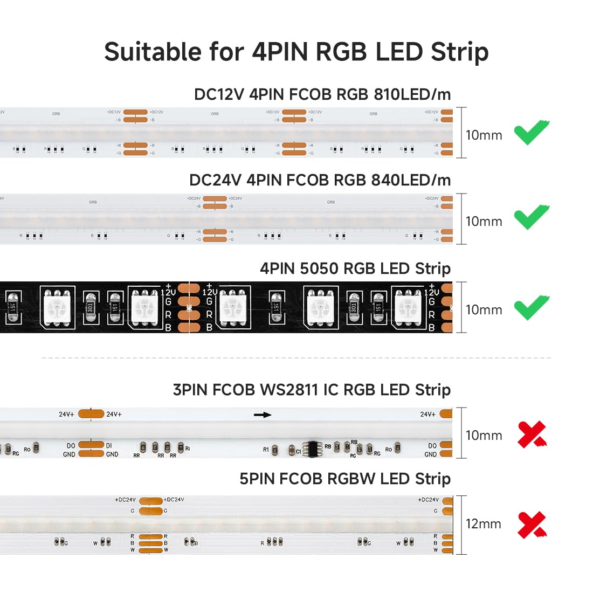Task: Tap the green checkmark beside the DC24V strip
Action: pos(531,218)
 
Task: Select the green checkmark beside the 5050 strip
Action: pos(531,307)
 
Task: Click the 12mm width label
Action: pos(484,524)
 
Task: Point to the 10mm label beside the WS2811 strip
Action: pos(484,436)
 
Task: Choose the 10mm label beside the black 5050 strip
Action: pos(484,310)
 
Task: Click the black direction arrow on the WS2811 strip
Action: pos(263,415)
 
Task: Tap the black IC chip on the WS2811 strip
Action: pos(313,449)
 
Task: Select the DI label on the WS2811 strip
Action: pos(109,446)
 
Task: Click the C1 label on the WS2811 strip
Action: pos(299,452)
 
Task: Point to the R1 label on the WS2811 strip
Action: pos(266,449)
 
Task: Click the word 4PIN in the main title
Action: pos(279,52)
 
